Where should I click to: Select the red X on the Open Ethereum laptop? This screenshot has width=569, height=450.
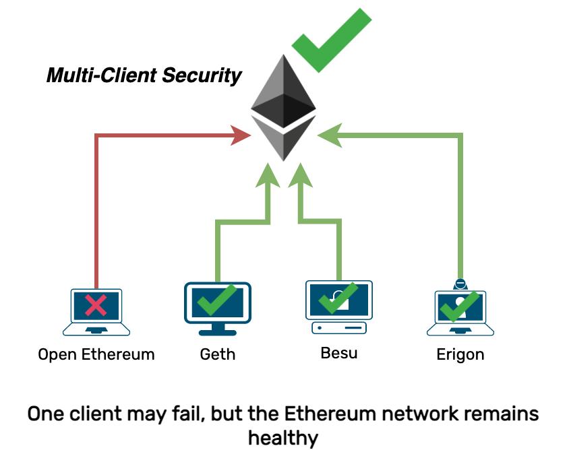click(x=96, y=306)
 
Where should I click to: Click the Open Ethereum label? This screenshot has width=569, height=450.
click(x=96, y=354)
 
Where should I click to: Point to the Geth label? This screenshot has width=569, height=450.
click(x=218, y=354)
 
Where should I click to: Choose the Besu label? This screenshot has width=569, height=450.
click(x=338, y=352)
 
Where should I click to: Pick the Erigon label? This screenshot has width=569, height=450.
click(x=460, y=354)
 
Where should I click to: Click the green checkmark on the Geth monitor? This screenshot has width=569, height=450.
click(x=217, y=300)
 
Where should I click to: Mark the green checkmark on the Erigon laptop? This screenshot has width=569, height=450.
click(x=460, y=307)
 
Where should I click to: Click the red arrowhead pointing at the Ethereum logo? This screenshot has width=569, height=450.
click(x=241, y=135)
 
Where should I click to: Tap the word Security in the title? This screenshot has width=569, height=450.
click(x=202, y=75)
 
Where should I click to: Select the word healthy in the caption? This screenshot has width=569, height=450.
click(x=282, y=438)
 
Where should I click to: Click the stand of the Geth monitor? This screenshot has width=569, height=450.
click(x=217, y=328)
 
